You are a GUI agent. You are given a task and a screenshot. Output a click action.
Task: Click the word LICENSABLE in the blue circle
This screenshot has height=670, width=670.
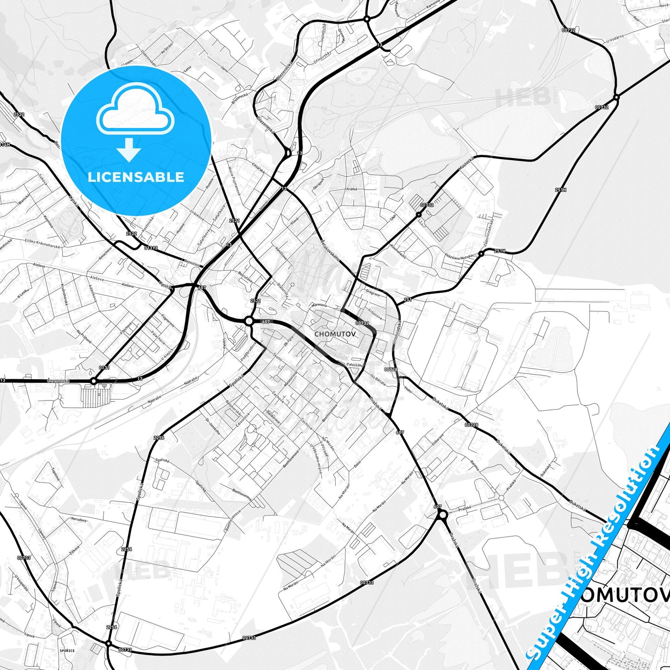coord(136,177)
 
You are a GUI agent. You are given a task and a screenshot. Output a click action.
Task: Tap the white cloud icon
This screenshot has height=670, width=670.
coord(135,114)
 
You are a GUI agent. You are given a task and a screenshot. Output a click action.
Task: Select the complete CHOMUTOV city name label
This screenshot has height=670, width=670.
coord(335,333)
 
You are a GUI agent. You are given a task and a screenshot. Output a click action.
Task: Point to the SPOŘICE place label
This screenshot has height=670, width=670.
coord(67,651)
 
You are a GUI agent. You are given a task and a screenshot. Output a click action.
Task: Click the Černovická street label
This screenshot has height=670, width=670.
coord(58,380)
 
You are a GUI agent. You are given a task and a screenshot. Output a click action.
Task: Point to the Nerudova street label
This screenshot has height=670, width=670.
coord(79,520)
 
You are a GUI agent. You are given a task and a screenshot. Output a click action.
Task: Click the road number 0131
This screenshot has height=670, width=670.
coord(104,368)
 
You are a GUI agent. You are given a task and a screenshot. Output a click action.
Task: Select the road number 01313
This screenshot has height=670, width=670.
coord(151,248)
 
